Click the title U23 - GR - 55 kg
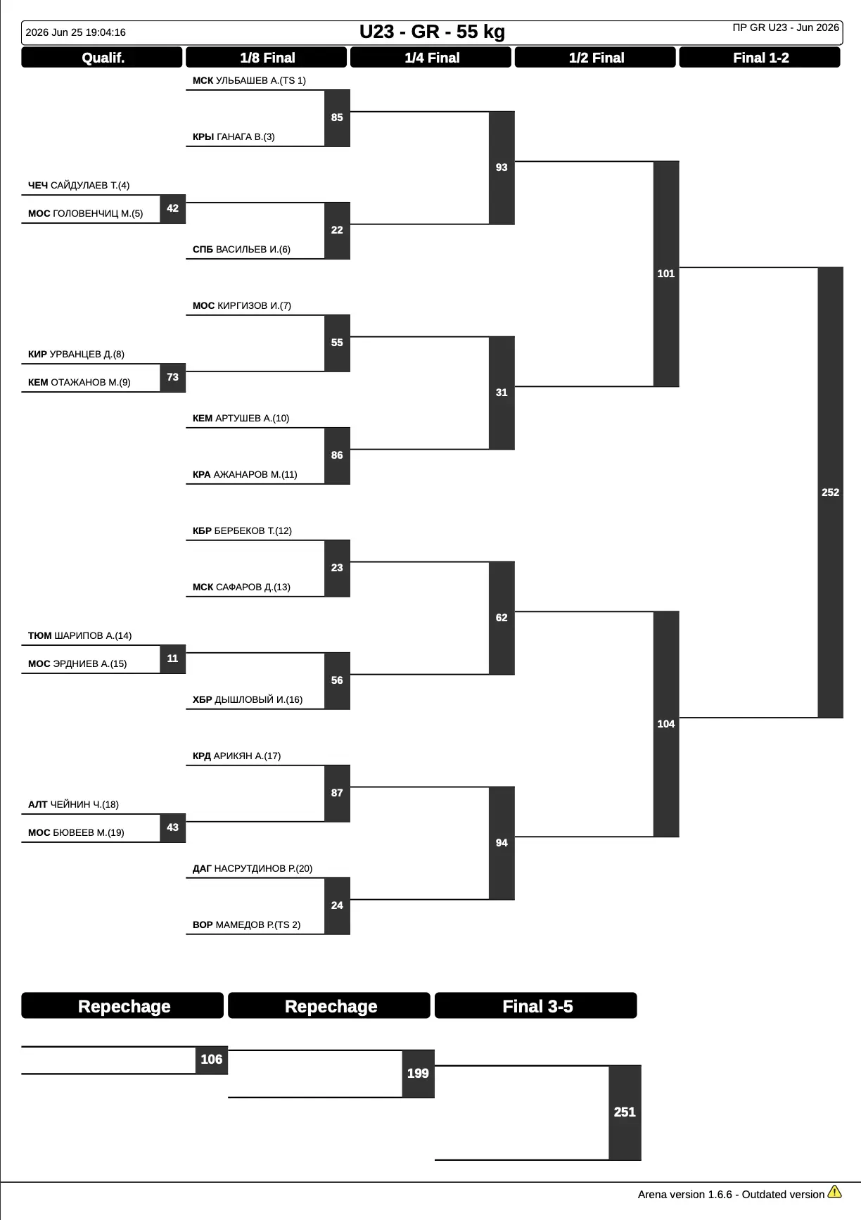coord(432,32)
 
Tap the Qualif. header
coord(102,58)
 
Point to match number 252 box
coord(830,493)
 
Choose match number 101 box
coord(666,274)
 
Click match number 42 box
coord(173,209)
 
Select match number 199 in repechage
coord(418,1074)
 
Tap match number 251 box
coord(625,1112)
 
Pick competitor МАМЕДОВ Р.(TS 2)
coord(258,925)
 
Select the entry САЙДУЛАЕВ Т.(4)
coord(90,186)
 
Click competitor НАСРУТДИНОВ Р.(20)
coord(264,869)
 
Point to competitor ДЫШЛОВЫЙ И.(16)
coord(259,700)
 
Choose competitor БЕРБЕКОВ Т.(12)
coord(253,531)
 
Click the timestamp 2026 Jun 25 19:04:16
coord(76,32)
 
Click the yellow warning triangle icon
coord(835,1192)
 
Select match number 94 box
coord(502,843)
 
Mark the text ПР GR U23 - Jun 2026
coord(786,27)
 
